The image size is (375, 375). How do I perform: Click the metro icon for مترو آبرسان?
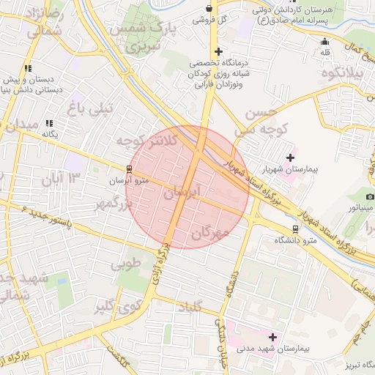[129, 169]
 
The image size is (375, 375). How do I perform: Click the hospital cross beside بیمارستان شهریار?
[291, 157]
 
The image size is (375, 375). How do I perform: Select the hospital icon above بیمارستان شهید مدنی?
[273, 337]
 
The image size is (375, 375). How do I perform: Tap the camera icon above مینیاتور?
[370, 196]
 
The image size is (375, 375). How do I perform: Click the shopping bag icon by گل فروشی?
[210, 9]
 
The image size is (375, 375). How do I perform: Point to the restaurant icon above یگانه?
[49, 124]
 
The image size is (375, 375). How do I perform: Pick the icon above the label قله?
[325, 41]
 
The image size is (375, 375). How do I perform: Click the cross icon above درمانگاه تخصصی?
[218, 51]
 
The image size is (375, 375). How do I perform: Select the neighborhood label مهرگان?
[212, 234]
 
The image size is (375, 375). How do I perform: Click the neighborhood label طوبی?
[125, 264]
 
